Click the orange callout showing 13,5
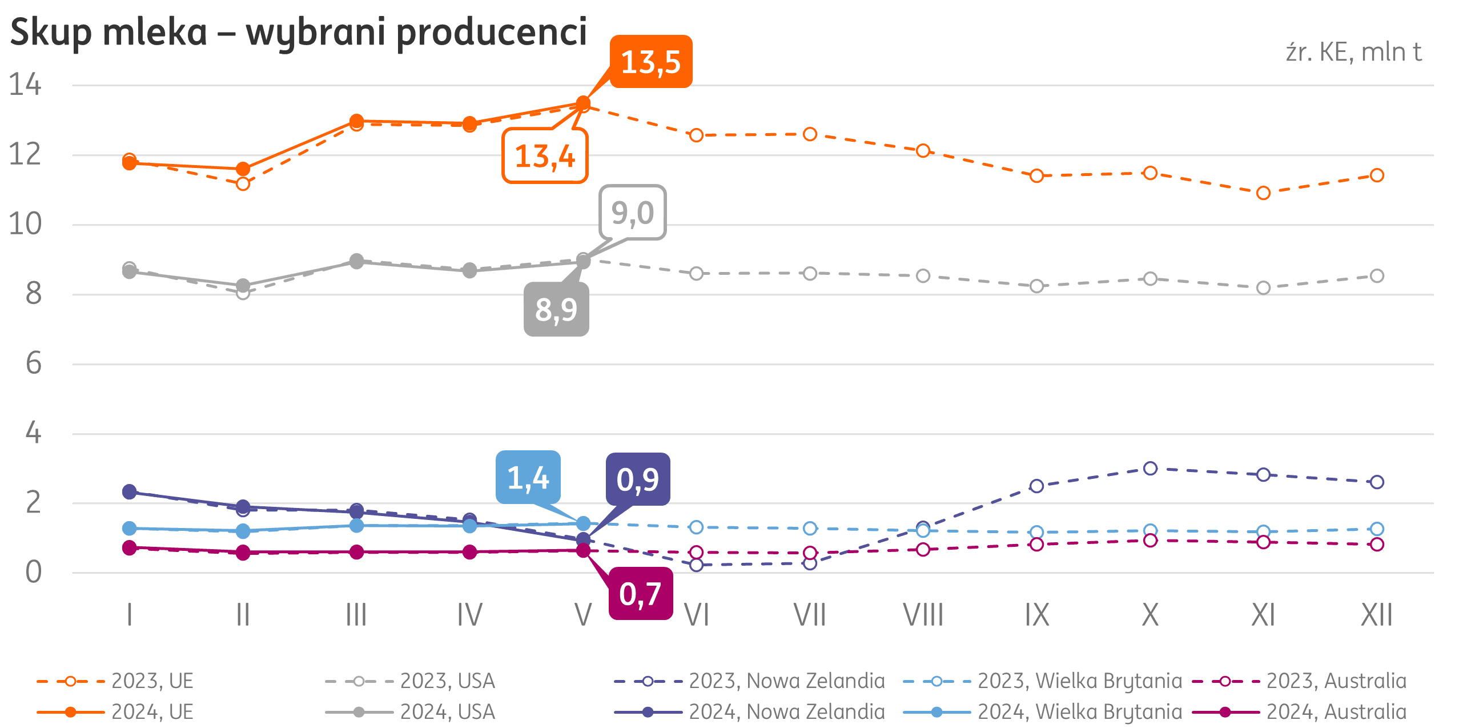(x=651, y=62)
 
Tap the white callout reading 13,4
(x=545, y=156)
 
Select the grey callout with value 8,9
(x=556, y=309)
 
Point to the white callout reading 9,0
(x=633, y=213)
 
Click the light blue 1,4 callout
(x=528, y=478)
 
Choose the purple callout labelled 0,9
(x=637, y=479)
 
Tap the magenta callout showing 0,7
(x=640, y=594)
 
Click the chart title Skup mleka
(x=298, y=32)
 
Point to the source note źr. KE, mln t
(x=1353, y=53)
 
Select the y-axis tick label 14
(x=25, y=85)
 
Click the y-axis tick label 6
(x=33, y=363)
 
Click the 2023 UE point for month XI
(x=1263, y=193)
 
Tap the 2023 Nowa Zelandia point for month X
(x=1150, y=469)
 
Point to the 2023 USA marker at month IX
(x=1036, y=286)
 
